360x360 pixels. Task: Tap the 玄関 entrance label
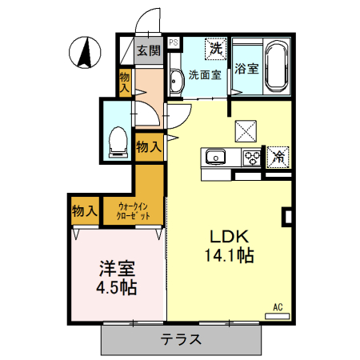pos(148,50)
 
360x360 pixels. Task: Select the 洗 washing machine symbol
pos(215,49)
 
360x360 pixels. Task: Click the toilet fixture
pos(118,142)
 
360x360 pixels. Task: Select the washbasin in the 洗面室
pos(175,78)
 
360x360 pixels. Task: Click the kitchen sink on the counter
pos(215,156)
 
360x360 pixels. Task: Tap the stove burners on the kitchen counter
pos(252,156)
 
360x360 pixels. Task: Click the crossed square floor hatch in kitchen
pos(246,128)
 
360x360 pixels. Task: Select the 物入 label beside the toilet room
pos(148,146)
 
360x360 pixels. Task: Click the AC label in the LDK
pos(278,306)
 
